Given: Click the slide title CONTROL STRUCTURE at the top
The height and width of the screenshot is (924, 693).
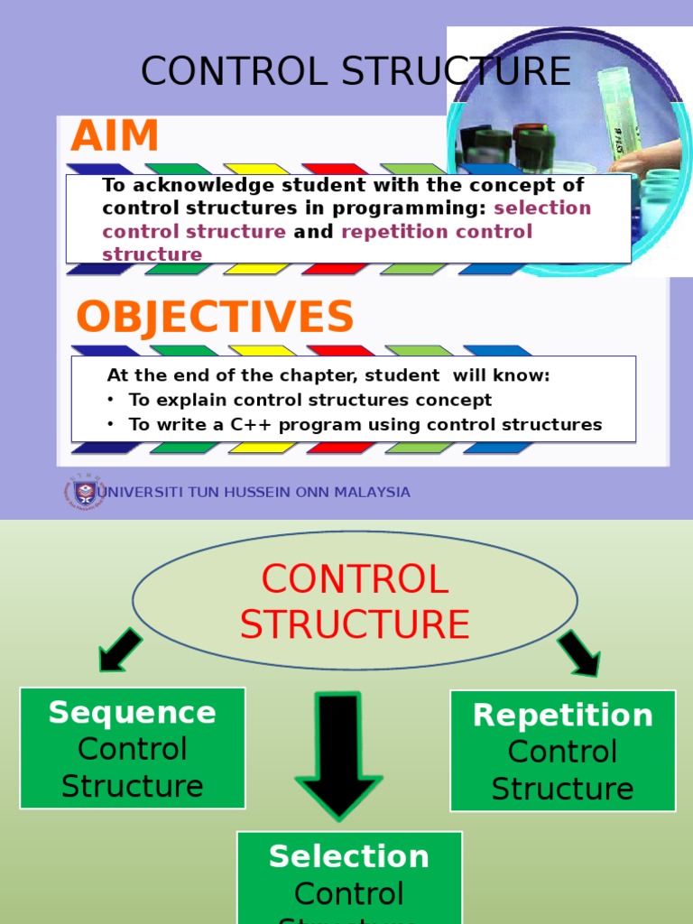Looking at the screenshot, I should tap(356, 71).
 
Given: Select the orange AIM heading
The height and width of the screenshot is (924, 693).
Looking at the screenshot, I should tap(115, 137).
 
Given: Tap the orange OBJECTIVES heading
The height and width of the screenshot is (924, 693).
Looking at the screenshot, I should tap(215, 318).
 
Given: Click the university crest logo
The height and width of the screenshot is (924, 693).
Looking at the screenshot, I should tap(84, 493).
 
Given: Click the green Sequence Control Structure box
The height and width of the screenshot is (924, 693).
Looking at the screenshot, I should tap(133, 748).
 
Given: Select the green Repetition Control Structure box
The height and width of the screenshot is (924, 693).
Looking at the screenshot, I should tap(562, 751).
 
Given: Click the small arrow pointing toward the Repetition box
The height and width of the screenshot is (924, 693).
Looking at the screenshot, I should tap(578, 652).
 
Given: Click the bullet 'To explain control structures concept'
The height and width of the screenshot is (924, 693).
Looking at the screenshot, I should tap(310, 400).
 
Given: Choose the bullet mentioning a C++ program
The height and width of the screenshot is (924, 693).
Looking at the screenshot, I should tap(365, 424).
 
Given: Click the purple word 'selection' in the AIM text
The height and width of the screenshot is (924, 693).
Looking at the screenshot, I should tap(542, 208).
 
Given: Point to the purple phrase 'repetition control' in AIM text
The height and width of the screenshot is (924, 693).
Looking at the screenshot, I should tap(437, 232).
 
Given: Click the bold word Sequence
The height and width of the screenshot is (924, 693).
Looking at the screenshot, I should tap(133, 712).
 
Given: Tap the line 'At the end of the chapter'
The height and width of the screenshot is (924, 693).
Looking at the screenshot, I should tap(328, 375).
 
